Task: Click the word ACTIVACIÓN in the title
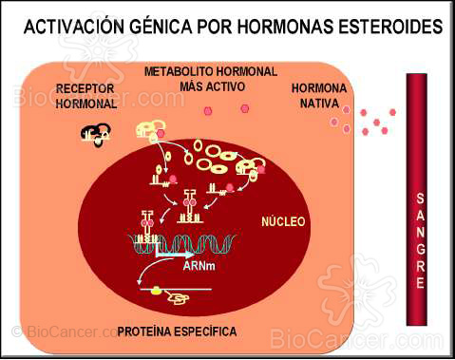coord(71,29)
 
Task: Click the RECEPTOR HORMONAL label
coord(85,97)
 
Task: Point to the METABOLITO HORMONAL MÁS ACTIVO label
coord(211,79)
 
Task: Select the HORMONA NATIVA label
coord(319,95)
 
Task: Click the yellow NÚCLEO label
coord(282,222)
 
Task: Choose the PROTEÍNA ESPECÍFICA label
coord(179,332)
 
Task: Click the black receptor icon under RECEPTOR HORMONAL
coord(95,135)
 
